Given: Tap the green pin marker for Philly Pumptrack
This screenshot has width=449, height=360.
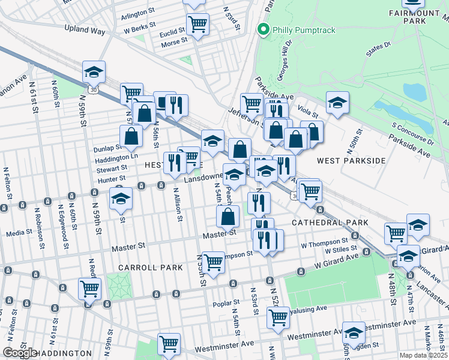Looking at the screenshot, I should point(262,29).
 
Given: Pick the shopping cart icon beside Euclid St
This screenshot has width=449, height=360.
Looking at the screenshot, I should point(197,25).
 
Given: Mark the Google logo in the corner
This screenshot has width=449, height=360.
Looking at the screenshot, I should point(20,353).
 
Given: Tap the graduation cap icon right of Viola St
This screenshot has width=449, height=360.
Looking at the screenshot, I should point(338,103).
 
